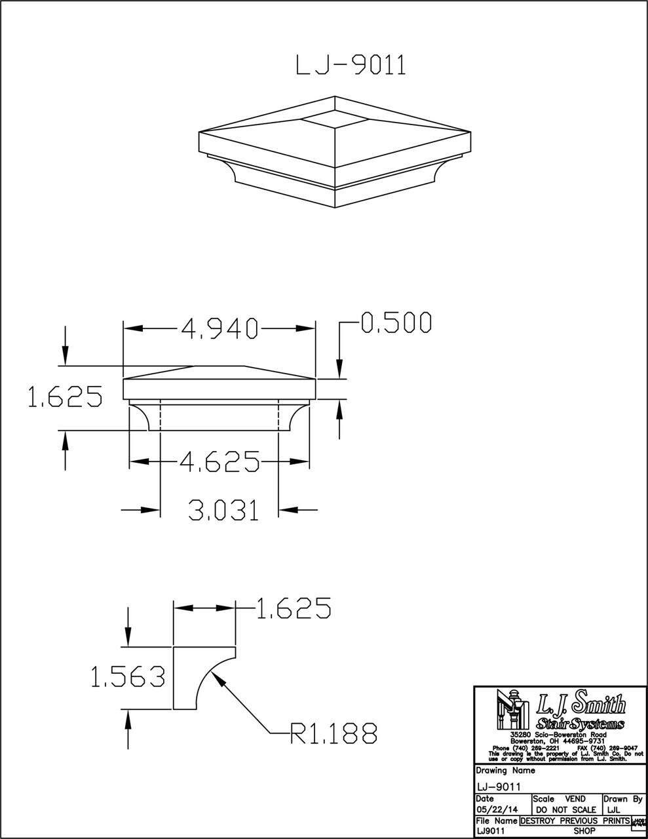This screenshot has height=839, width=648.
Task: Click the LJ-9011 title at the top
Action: coord(351,66)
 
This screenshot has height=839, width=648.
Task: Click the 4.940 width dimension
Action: coord(219,328)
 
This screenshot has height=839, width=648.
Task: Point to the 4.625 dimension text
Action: coord(219,462)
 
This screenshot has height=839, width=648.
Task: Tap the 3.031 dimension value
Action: coord(223,509)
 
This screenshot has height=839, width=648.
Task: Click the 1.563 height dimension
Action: coord(128,677)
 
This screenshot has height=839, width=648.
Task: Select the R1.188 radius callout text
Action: coord(334,733)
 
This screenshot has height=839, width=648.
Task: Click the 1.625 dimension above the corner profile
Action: coord(293,609)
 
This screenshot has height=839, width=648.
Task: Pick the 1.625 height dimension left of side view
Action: coord(64,398)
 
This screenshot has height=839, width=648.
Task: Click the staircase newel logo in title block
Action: coord(514,712)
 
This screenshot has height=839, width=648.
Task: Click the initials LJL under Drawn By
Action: coord(616,810)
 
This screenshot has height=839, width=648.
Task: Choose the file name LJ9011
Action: coord(491,830)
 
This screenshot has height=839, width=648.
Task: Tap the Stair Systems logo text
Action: coord(580,724)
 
